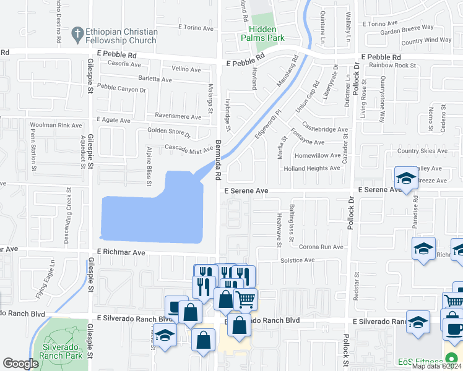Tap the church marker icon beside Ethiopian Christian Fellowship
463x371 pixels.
[x=77, y=32]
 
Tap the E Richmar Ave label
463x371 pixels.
[x=121, y=252]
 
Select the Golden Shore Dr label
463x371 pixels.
[x=168, y=131]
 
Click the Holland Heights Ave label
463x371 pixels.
[x=312, y=168]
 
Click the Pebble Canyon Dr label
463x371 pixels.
[x=121, y=90]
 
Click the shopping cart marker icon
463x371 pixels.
[x=246, y=299]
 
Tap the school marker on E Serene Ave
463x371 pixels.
[x=406, y=179]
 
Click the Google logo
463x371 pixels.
[x=20, y=364]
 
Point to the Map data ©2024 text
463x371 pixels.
[x=436, y=366]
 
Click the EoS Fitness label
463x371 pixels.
[x=421, y=361]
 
